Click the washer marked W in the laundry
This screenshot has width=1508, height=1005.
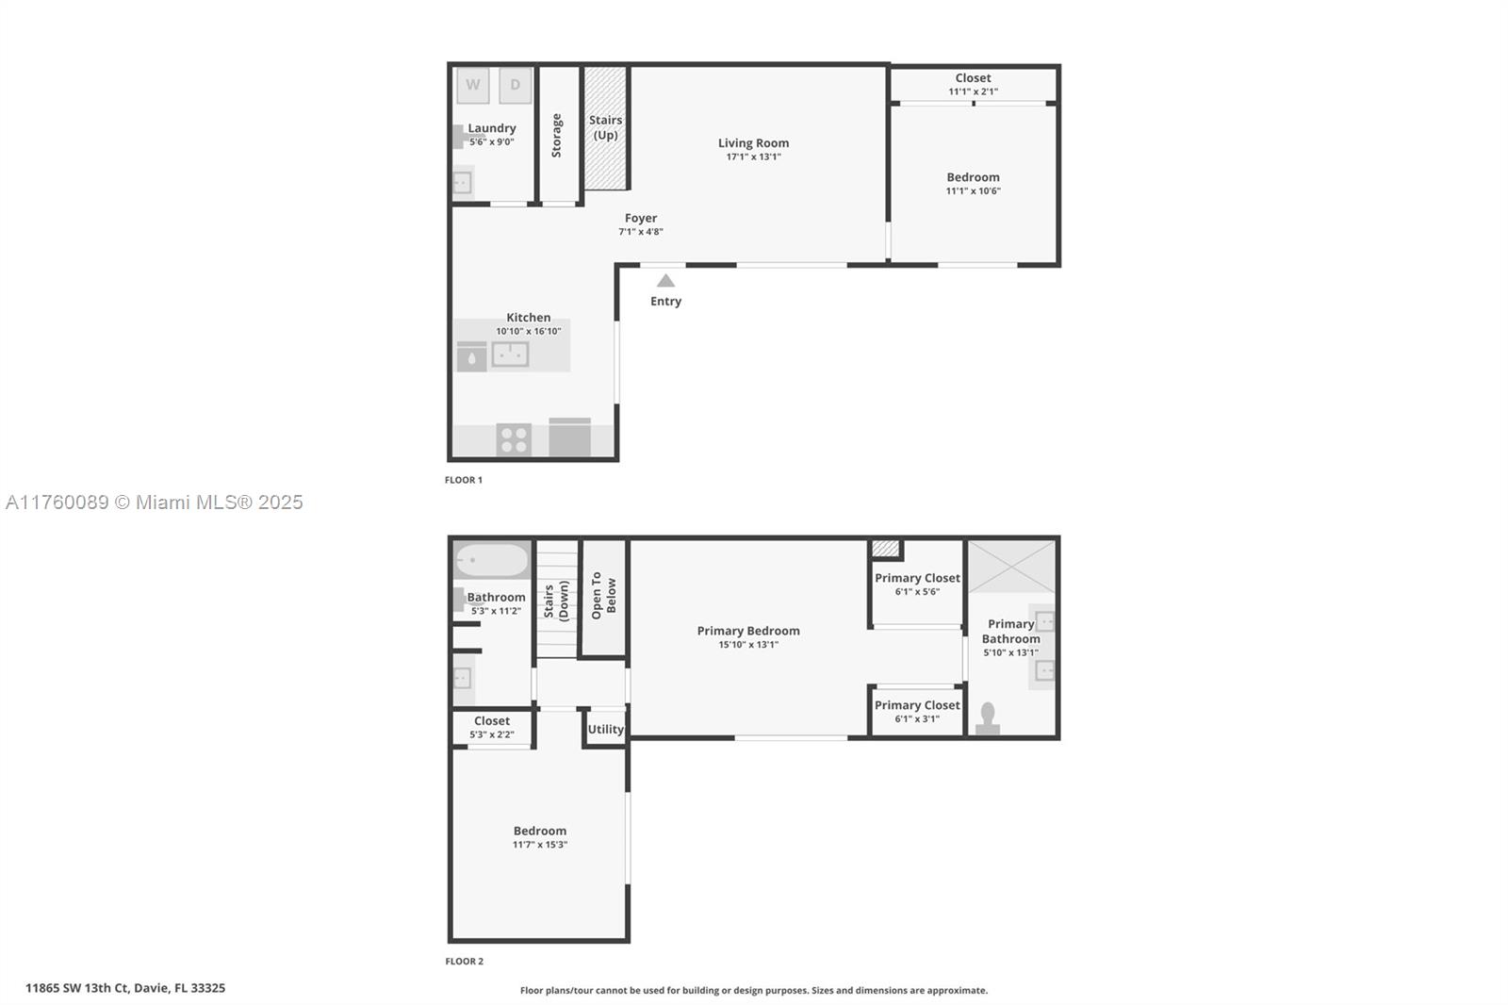coord(472,85)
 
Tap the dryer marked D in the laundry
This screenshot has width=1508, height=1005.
coord(515,85)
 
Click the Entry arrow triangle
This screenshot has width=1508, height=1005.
coord(665,280)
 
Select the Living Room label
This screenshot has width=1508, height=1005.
coord(753,142)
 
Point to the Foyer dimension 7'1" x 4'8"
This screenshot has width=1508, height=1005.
coord(641,232)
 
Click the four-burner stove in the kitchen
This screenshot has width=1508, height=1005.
coord(514,439)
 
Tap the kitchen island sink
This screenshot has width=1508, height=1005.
coord(510,354)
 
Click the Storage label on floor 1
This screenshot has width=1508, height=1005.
coord(557,136)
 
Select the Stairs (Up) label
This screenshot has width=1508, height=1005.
coord(605,127)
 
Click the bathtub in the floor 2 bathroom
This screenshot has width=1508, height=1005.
coord(492,560)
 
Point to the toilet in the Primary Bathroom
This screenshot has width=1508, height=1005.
coord(988,718)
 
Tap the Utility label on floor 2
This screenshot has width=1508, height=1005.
coord(606,729)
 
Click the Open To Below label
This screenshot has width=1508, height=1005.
coord(604,596)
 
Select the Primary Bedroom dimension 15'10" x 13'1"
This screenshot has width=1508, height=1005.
coord(748,645)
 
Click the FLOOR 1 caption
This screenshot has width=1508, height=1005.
coord(464,480)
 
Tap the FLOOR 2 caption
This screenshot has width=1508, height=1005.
coord(465,962)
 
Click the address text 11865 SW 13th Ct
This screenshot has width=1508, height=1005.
coord(76,988)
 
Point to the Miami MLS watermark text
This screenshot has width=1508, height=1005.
coord(155,502)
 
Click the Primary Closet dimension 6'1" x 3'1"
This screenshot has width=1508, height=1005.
coord(917,718)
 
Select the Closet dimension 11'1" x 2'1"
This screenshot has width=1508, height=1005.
coord(974,91)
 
